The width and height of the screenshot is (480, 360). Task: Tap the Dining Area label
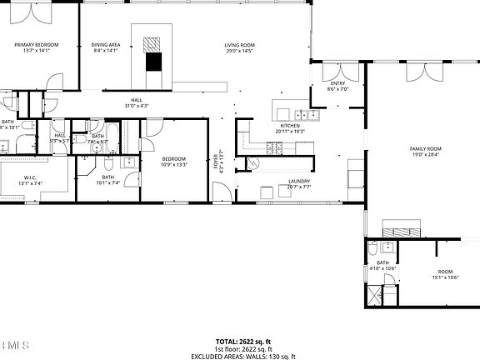(x=106, y=47)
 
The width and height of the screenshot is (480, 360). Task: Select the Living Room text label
(x=238, y=47)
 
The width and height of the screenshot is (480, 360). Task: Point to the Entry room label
(x=337, y=86)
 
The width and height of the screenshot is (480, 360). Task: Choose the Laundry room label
(x=298, y=183)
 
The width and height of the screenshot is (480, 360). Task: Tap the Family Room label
(x=424, y=151)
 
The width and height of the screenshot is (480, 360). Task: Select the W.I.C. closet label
(x=29, y=180)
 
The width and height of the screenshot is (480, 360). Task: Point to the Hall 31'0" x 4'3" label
(x=137, y=102)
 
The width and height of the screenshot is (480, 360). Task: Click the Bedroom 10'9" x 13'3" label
(x=173, y=161)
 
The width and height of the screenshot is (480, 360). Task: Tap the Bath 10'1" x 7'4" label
(x=108, y=179)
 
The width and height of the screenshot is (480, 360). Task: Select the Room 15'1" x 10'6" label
(x=446, y=274)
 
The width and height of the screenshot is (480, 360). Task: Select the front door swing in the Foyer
(x=222, y=193)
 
